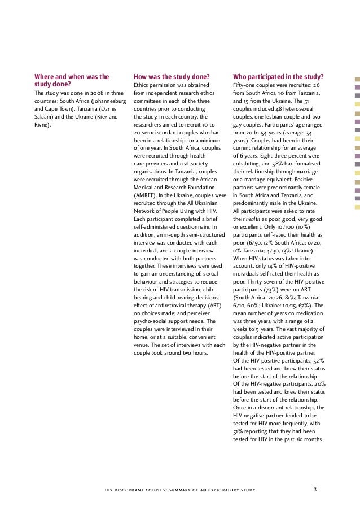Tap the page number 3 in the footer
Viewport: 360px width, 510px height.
point(315,489)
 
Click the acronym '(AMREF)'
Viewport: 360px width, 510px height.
point(146,195)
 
